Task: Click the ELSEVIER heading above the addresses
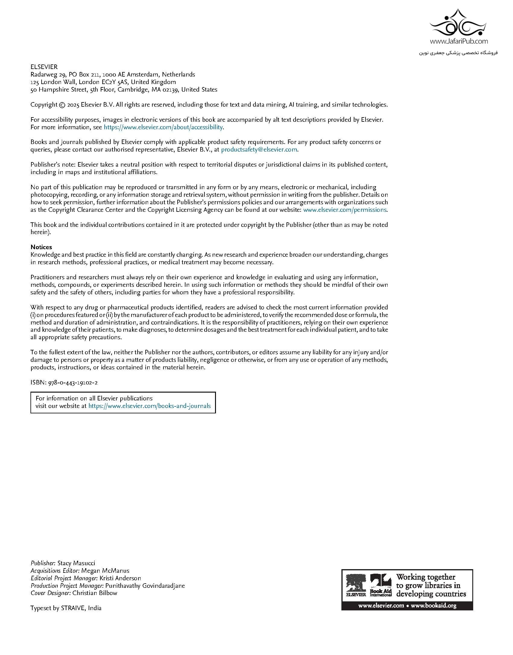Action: tap(44, 67)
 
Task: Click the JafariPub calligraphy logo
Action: tap(458, 24)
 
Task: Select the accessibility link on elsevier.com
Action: tap(163, 127)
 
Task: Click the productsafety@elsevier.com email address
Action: tap(259, 149)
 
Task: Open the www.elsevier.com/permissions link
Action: tap(345, 210)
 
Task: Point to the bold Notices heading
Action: tap(41, 247)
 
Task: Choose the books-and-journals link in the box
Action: tap(149, 406)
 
